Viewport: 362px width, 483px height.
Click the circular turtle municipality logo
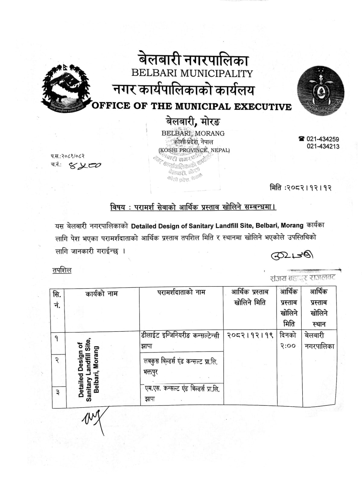[x=320, y=90]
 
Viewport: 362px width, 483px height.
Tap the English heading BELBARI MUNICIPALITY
[x=192, y=73]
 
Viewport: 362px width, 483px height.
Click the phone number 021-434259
[x=322, y=139]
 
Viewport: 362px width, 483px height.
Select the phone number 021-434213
[x=323, y=147]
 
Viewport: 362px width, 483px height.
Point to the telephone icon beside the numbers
[x=301, y=139]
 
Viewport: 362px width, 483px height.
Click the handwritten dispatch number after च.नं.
[x=85, y=165]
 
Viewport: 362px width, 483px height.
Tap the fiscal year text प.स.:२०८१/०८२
[x=68, y=156]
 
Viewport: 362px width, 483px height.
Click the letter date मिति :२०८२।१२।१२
[x=300, y=188]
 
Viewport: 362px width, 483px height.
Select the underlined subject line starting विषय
[x=193, y=207]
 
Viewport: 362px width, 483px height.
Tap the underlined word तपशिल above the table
[x=62, y=270]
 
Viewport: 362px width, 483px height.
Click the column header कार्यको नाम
[x=101, y=293]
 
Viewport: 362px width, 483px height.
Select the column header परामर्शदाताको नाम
[x=181, y=292]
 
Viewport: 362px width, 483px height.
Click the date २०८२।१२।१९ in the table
[x=250, y=335]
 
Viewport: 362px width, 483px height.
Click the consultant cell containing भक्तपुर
[x=181, y=367]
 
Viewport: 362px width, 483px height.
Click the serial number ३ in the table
[x=58, y=392]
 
